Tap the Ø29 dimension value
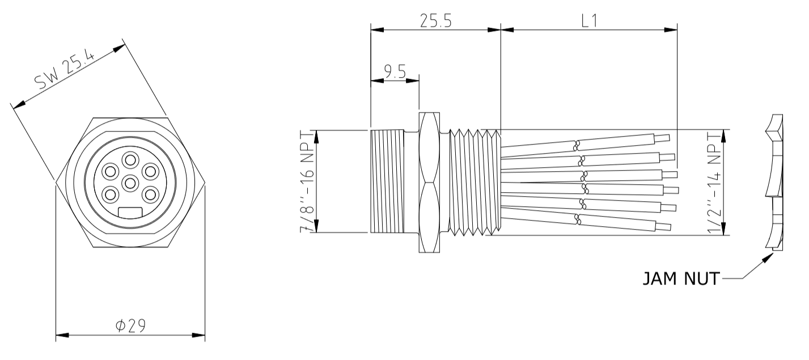click(130, 325)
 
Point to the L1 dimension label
click(589, 21)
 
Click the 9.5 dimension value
click(395, 71)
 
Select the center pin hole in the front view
click(130, 183)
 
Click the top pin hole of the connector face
click(130, 159)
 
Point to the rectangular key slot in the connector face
click(130, 213)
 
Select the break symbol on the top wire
click(578, 145)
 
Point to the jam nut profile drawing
click(773, 181)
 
